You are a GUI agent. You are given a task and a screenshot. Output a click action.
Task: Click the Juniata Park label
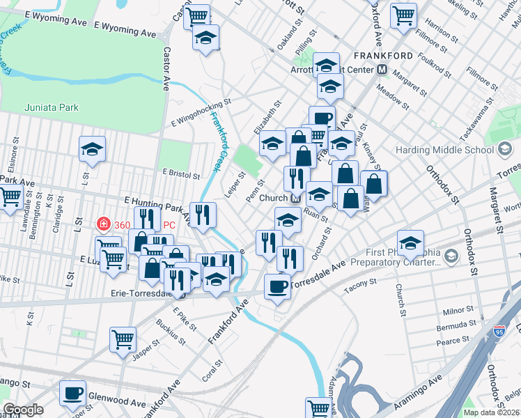point(52,107)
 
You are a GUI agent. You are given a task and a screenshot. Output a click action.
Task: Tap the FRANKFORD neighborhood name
point(383,55)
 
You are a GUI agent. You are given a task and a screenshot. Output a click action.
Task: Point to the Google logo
point(23,410)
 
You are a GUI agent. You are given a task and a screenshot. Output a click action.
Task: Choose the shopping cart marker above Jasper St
point(123,339)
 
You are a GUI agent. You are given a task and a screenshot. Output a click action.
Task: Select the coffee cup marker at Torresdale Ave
point(277,286)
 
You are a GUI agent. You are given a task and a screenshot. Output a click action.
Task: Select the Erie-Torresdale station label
point(141,294)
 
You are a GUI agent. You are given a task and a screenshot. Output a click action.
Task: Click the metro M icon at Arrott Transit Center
point(382,70)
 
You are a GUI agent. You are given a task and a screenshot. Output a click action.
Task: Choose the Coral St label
point(212,368)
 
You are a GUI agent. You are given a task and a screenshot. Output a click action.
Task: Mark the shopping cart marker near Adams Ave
point(318,408)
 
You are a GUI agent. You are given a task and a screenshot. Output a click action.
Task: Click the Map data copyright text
point(492,412)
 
